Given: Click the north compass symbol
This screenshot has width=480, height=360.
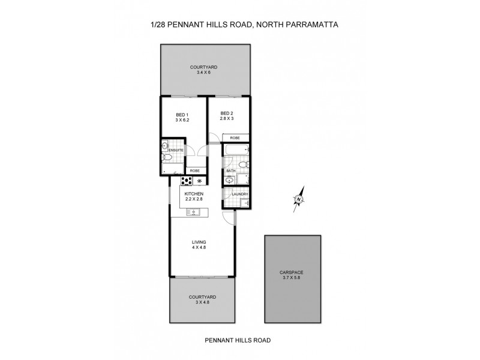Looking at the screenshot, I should [298, 198].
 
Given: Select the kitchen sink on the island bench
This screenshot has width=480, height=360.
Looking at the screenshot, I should [193, 211].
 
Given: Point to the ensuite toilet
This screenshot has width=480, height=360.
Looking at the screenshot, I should [169, 157].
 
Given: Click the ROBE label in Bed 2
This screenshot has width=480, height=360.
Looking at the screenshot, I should [234, 138].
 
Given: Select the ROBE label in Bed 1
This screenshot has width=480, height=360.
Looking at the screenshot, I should [194, 170].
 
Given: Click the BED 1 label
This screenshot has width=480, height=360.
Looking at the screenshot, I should [182, 115].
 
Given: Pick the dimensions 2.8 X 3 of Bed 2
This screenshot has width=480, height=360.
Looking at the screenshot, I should [226, 120].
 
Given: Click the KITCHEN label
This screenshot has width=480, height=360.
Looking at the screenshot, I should [194, 194].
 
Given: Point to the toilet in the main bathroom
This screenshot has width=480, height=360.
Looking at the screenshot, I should [242, 164].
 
